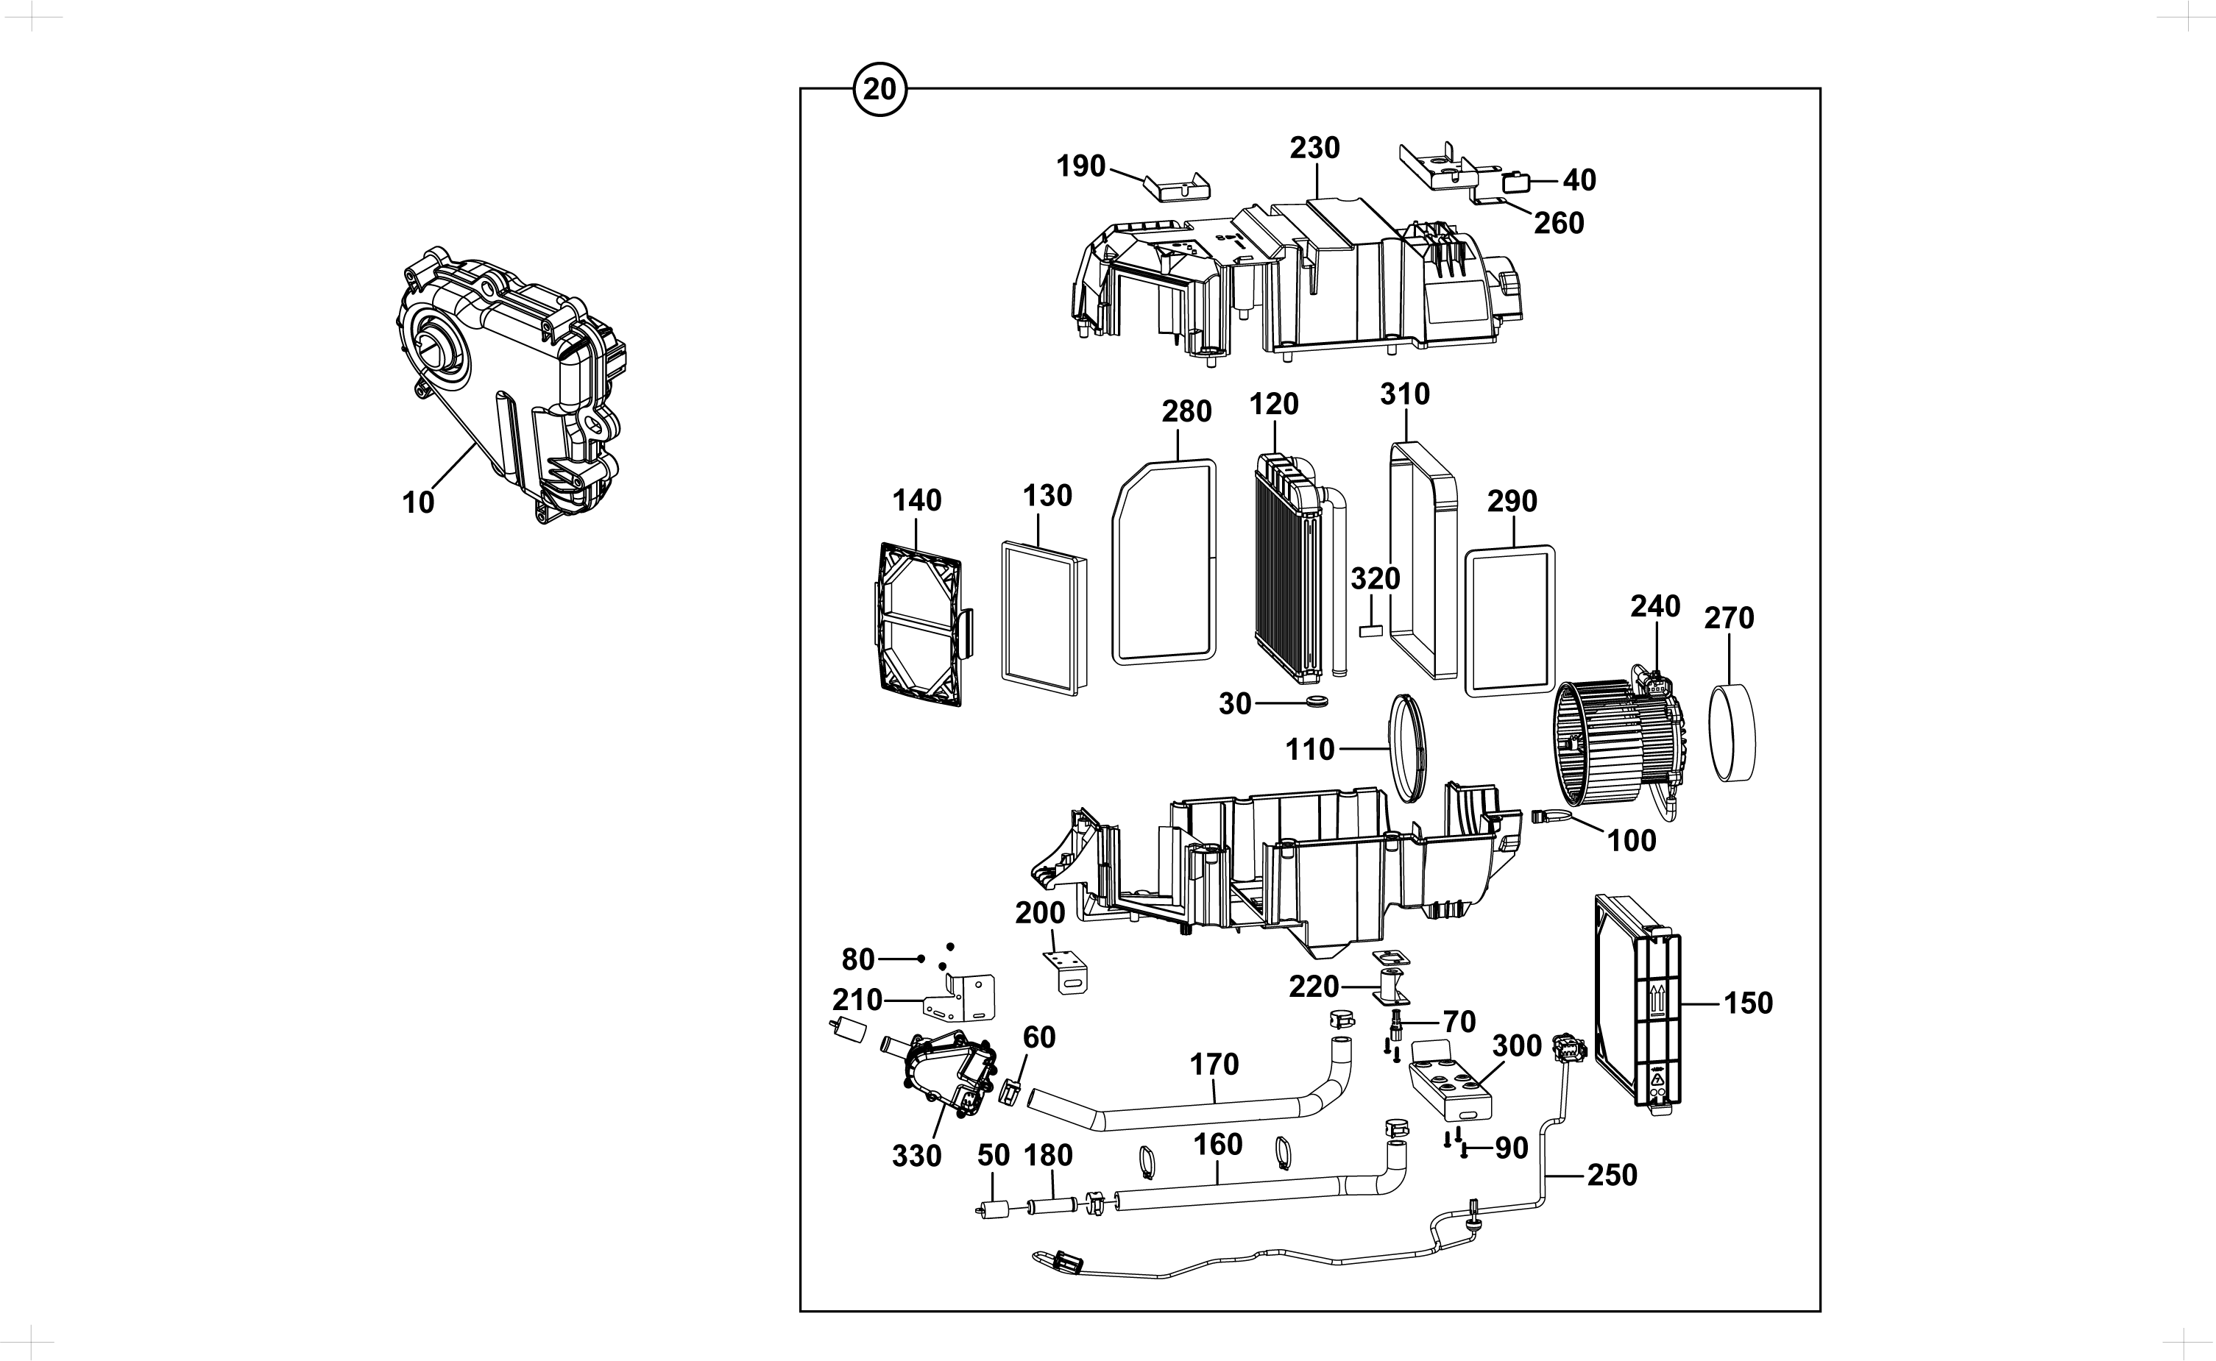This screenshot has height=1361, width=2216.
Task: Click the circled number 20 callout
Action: [x=879, y=89]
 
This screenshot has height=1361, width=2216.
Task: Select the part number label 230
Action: [x=1314, y=148]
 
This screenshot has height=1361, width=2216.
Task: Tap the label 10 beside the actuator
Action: [x=418, y=502]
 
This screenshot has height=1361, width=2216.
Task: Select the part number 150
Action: [x=1748, y=1003]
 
